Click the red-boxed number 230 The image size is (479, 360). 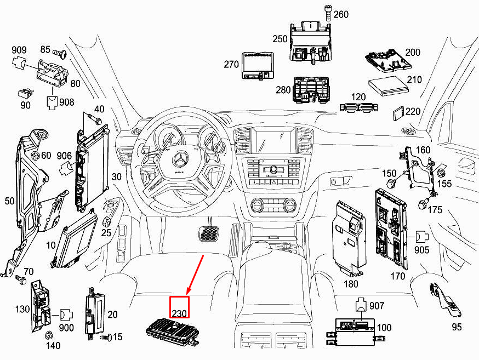(179, 307)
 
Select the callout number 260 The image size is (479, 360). (340, 14)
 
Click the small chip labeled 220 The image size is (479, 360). (398, 113)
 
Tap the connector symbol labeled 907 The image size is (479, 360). (361, 305)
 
